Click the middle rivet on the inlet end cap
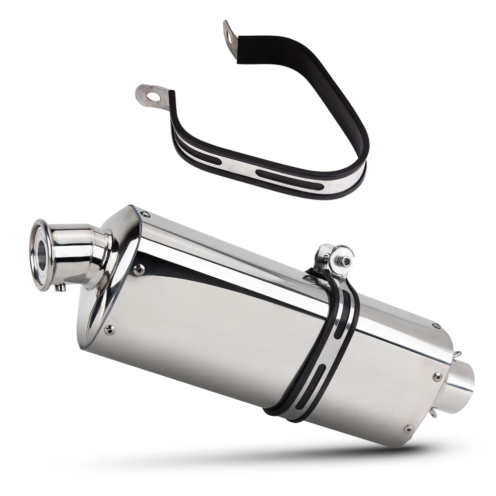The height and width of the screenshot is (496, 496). (138, 270)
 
